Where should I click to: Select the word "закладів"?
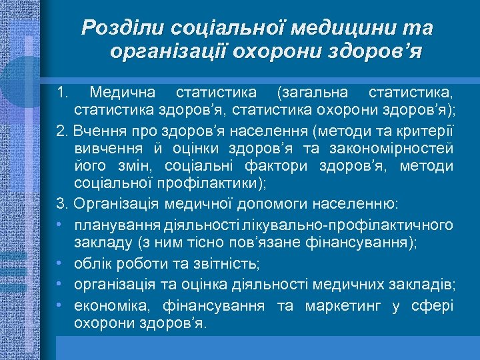point(426,286)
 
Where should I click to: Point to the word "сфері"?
point(433,305)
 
